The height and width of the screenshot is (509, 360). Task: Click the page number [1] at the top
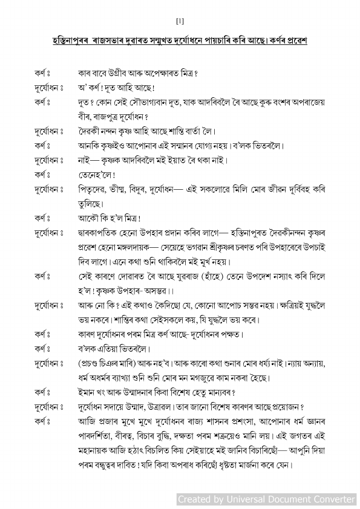tap(180, 22)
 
